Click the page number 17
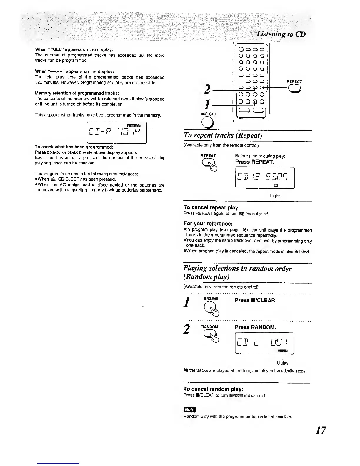coord(320,430)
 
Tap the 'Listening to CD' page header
coord(281,34)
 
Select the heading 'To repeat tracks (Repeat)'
coord(222,135)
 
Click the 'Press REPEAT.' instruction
coord(255,162)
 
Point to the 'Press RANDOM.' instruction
coord(255,327)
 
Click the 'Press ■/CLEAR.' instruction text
coord(256,300)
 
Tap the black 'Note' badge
coord(189,410)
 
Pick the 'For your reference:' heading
coord(208,223)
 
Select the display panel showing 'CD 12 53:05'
coord(265,177)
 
